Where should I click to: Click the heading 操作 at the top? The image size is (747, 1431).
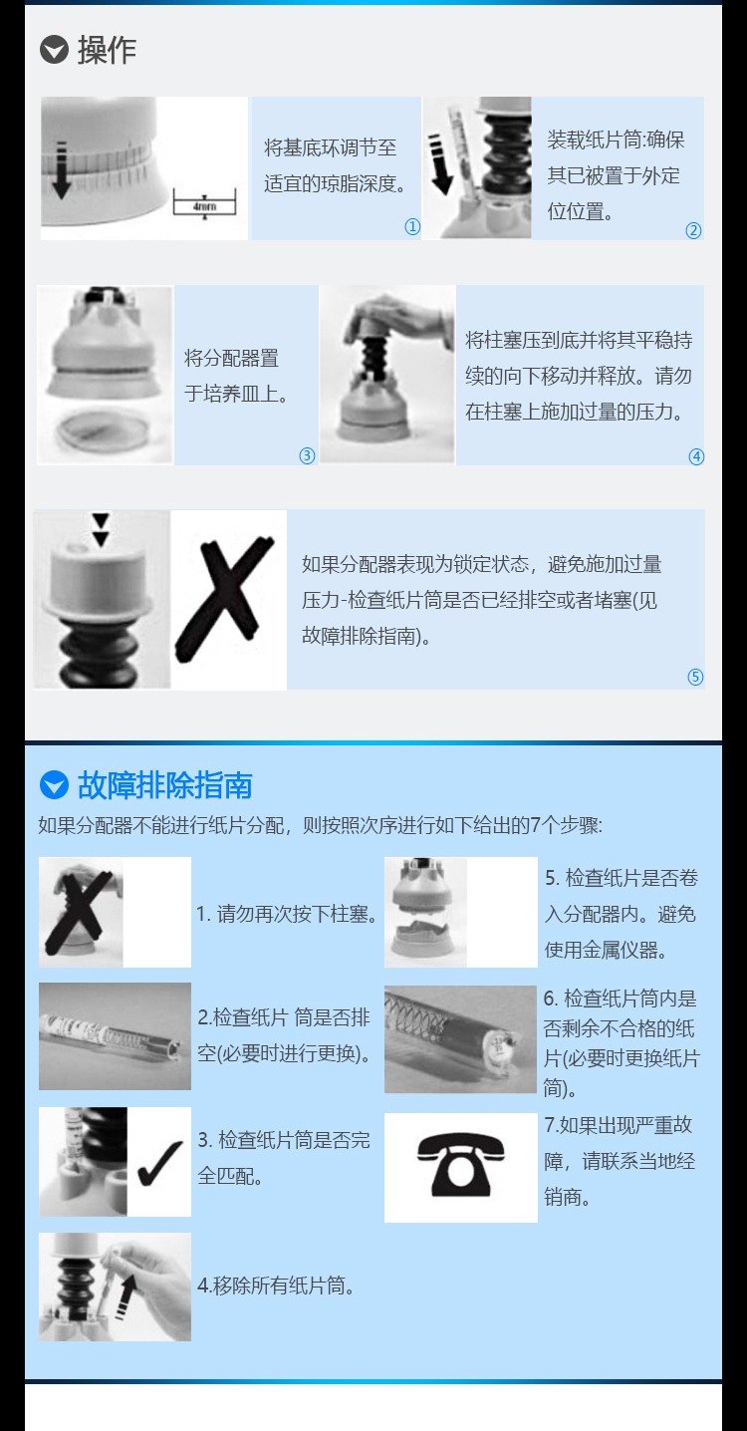click(107, 49)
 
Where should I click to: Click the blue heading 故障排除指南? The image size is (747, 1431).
click(164, 785)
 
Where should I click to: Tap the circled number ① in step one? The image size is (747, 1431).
click(412, 227)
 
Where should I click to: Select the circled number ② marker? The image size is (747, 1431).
click(693, 231)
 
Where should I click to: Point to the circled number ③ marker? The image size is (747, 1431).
click(307, 456)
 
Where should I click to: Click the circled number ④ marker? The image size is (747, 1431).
click(696, 457)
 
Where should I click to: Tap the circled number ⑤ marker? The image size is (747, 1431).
click(695, 678)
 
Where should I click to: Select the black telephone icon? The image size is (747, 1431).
click(460, 1167)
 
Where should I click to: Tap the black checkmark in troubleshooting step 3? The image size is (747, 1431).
click(158, 1162)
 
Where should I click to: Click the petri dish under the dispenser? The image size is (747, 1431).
click(105, 436)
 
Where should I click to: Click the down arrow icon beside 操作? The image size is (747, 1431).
click(54, 49)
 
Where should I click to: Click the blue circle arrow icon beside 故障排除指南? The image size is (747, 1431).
click(54, 785)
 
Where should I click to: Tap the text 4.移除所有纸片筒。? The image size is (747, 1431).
click(277, 1286)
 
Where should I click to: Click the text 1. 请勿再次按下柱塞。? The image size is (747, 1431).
click(288, 913)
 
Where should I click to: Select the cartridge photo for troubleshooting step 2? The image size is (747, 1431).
click(115, 1036)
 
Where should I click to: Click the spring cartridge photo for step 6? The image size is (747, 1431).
click(460, 1039)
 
